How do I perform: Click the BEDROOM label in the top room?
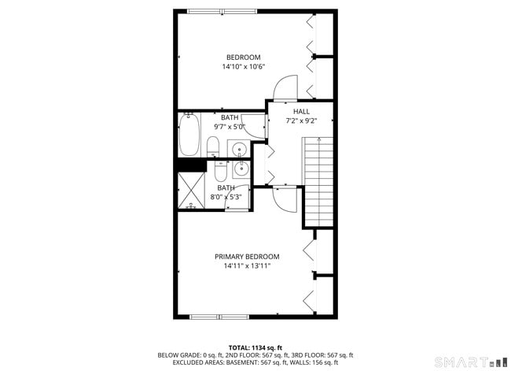(243, 58)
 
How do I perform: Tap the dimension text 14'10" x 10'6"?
(243, 68)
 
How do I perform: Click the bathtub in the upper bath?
(189, 136)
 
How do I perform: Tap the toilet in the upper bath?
(212, 146)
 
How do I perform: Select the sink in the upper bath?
(238, 148)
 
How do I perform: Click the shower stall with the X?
(191, 189)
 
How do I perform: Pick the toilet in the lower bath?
(220, 169)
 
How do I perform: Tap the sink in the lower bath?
(241, 168)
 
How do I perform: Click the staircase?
(318, 180)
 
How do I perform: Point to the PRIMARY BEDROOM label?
(247, 257)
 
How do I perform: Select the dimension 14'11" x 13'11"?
(247, 267)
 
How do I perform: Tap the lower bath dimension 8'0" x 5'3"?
(226, 197)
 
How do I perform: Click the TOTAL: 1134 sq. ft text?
(256, 347)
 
